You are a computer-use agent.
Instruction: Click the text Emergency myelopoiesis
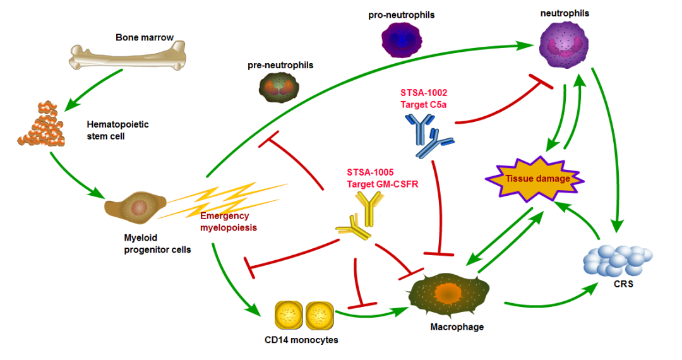click(226, 222)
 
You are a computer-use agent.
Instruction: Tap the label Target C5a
click(424, 103)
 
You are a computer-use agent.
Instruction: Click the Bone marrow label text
click(145, 37)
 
